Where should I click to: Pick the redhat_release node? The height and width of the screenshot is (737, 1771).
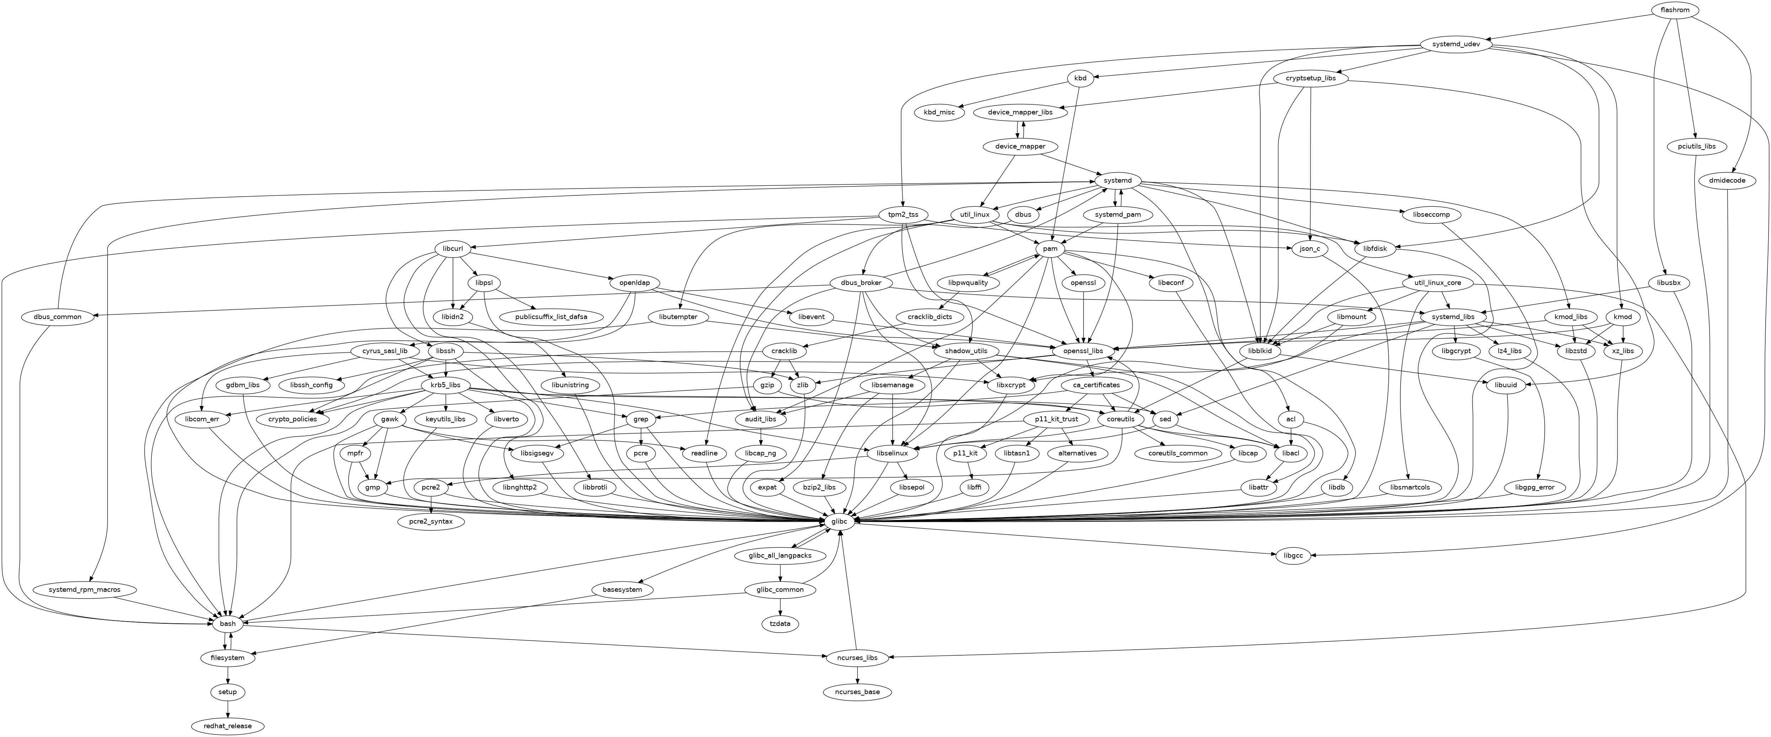[x=227, y=726]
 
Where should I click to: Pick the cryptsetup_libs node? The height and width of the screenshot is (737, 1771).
[x=1310, y=78]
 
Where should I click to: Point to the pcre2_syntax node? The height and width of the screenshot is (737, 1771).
[x=431, y=522]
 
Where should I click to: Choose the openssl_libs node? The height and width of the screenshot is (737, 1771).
[x=1083, y=351]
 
